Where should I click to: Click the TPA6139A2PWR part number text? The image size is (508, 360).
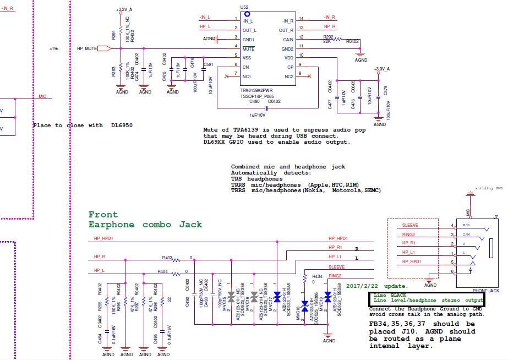256,90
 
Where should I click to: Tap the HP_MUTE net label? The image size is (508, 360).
87,48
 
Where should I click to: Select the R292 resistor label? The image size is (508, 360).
328,36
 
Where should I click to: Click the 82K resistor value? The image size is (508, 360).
326,41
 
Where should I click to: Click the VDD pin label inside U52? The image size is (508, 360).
288,57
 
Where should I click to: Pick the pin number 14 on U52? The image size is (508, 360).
301,19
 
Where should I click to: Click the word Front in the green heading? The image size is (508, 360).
103,215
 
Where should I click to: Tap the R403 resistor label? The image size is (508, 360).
167,257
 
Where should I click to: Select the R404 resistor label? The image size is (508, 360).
162,272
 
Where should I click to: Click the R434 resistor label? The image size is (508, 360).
317,276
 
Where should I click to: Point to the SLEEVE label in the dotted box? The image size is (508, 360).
410,226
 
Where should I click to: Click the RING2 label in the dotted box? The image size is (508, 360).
409,234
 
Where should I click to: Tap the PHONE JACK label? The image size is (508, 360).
486,290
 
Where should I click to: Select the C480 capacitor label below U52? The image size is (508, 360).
254,101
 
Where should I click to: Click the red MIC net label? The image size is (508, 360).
42,96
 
